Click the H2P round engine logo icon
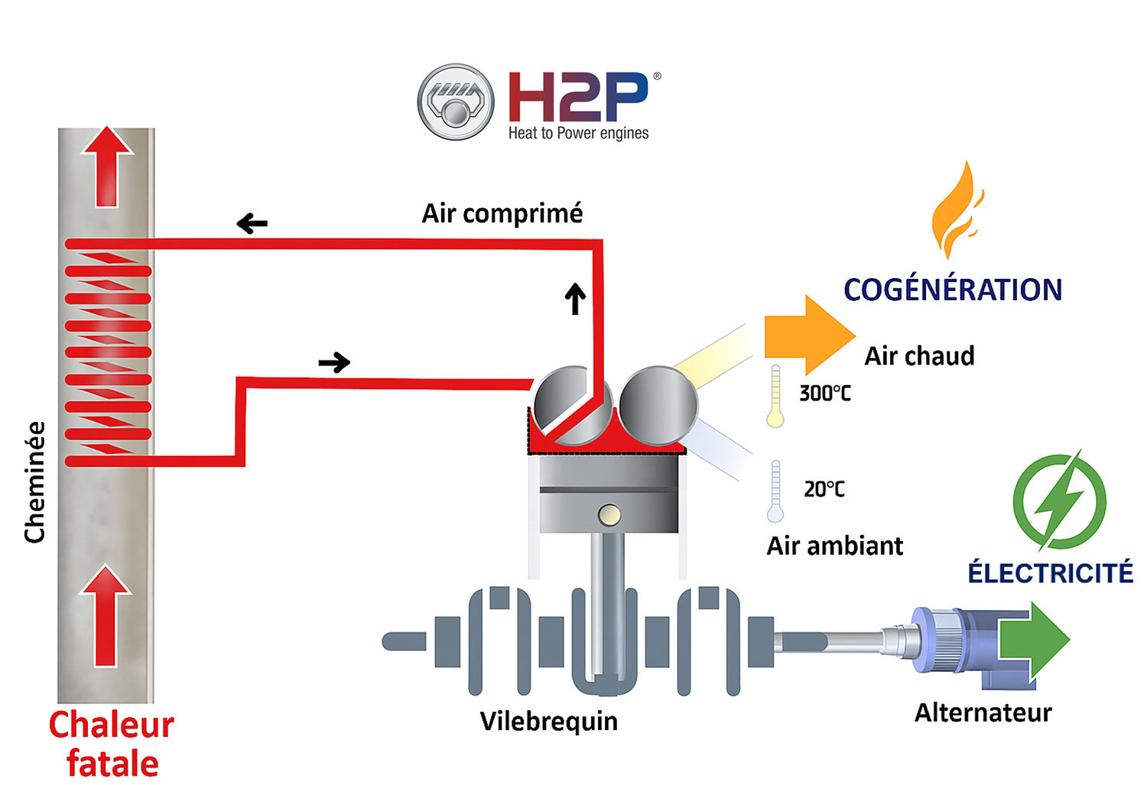456,102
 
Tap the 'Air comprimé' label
502,213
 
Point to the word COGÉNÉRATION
953,290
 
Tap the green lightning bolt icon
1060,501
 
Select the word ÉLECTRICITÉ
1050,573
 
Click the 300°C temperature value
824,394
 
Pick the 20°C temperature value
824,489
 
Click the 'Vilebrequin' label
548,721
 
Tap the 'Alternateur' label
983,712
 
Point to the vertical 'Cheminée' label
35,482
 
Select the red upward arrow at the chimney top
107,167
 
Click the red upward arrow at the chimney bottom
106,615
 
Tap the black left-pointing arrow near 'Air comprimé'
252,224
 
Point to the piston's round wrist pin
609,515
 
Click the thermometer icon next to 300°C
775,396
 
